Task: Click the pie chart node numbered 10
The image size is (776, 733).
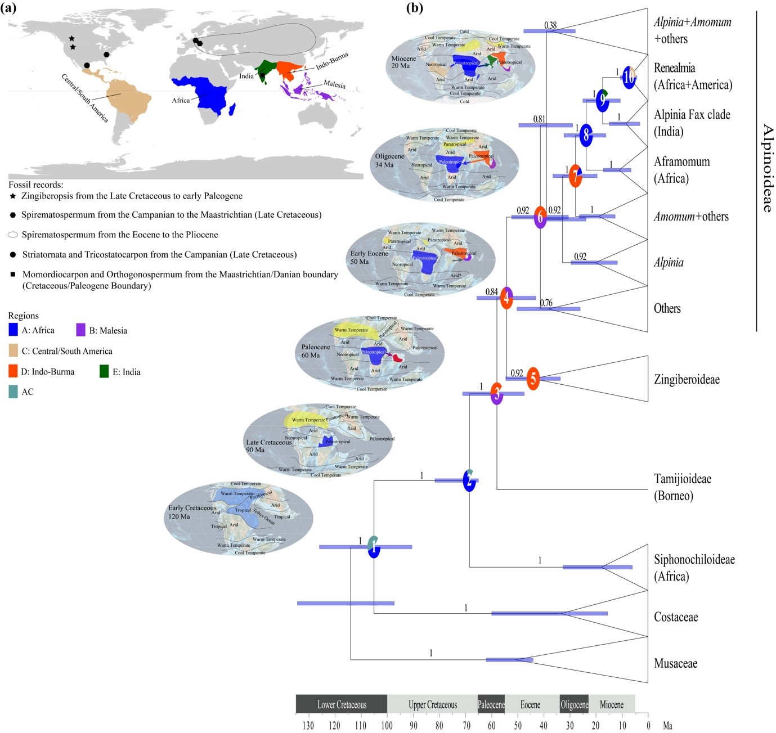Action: [x=629, y=77]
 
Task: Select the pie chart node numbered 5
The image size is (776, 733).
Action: [x=533, y=379]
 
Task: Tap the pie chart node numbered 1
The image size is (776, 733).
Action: [x=374, y=547]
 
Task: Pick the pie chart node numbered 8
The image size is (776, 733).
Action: [x=586, y=135]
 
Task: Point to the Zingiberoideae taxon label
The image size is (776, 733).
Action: [x=687, y=380]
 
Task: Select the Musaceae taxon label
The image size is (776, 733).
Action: [x=675, y=664]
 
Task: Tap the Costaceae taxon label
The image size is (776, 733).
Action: [x=675, y=617]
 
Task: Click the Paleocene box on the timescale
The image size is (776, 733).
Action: [x=491, y=704]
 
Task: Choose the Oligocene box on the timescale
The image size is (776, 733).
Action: [x=574, y=704]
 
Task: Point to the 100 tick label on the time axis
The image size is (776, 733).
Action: [x=387, y=726]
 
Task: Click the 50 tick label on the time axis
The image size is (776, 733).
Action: [x=518, y=726]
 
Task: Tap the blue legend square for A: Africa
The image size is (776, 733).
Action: [x=14, y=330]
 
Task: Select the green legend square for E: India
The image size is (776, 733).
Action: [x=104, y=371]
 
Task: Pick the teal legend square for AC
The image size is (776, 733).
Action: [x=14, y=392]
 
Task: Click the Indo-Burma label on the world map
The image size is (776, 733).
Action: [x=332, y=61]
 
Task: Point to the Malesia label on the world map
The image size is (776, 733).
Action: [x=334, y=84]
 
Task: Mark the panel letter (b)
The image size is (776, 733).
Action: [x=414, y=8]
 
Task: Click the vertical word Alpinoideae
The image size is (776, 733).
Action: [x=767, y=168]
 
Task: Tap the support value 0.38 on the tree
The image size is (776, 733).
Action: [x=550, y=25]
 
